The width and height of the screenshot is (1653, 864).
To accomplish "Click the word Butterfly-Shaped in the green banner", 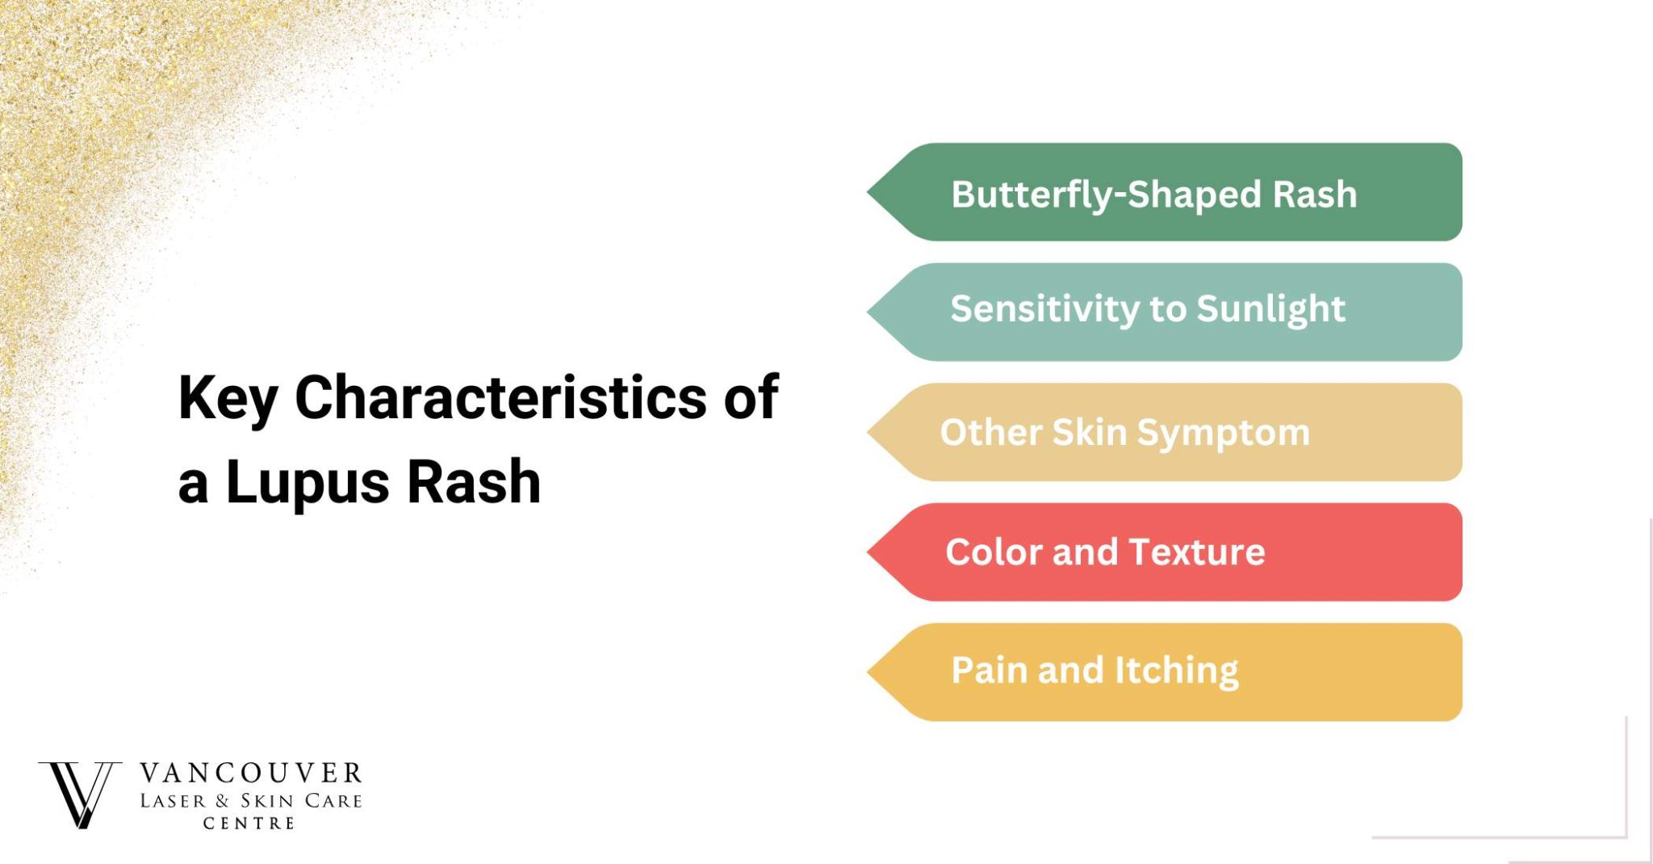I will [1105, 195].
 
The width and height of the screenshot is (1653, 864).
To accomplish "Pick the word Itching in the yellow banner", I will [1176, 670].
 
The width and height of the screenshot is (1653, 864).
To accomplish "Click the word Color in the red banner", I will [993, 552].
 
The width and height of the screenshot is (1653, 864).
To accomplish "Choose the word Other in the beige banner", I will [990, 432].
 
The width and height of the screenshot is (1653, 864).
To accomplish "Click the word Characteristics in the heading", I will [500, 397].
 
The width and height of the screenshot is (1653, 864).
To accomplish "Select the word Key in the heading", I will [228, 399].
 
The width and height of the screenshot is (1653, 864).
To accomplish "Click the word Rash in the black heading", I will [474, 482].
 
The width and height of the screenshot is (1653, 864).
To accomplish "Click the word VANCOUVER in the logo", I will [251, 774].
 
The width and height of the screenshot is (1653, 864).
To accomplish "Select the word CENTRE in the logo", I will [249, 824].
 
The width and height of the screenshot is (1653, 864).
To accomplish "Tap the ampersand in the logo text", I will [223, 801].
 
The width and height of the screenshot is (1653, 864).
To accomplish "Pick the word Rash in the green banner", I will [1315, 195].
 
